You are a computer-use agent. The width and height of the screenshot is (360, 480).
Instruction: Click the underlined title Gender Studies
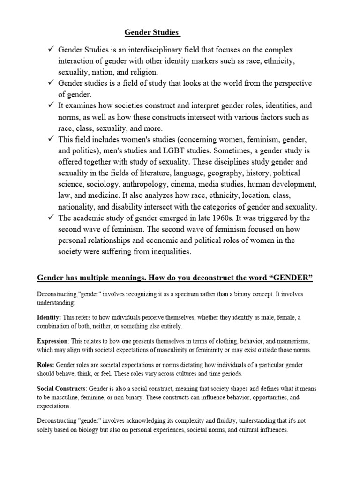tap(152, 32)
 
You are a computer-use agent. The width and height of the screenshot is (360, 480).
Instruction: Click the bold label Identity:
tap(49, 318)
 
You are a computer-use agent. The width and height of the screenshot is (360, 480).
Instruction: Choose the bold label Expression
tap(52, 341)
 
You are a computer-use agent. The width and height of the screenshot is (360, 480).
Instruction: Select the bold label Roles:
tap(46, 365)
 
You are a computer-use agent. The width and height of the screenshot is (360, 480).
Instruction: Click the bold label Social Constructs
tap(60, 389)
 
